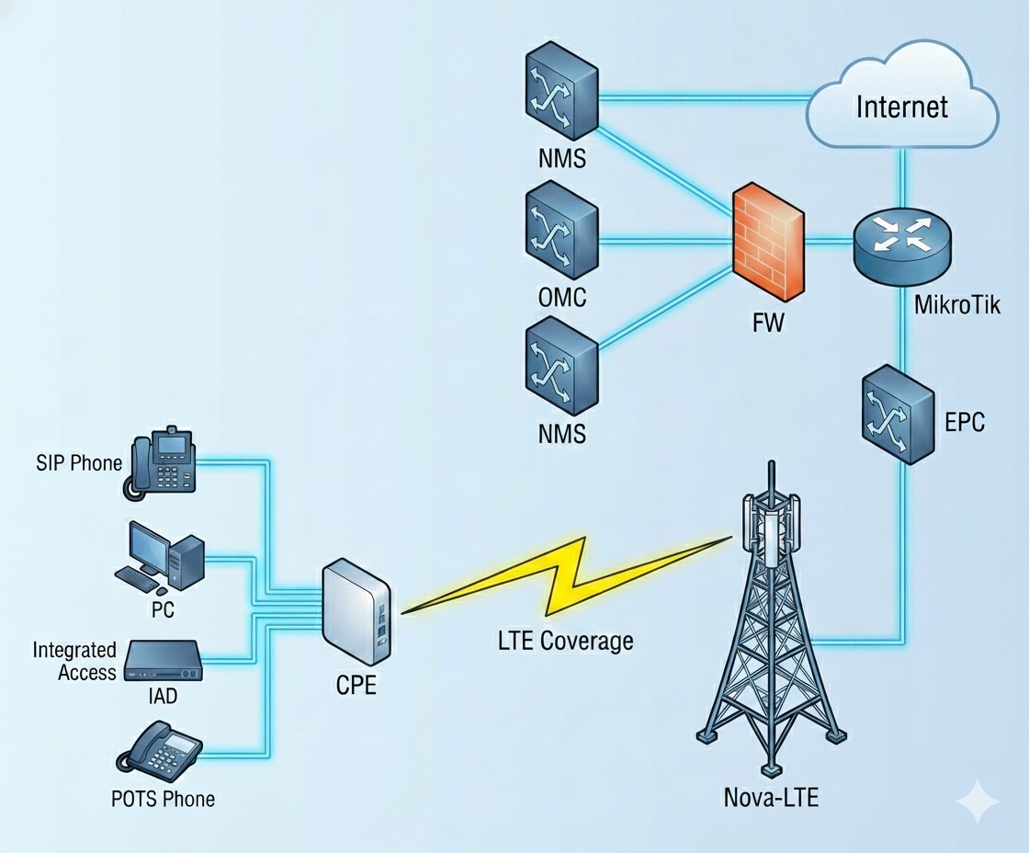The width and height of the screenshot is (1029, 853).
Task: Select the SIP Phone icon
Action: pos(161,464)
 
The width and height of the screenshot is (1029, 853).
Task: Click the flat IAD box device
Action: pos(162,661)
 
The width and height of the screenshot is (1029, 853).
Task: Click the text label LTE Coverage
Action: pos(560,640)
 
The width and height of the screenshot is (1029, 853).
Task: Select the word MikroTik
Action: pos(957,304)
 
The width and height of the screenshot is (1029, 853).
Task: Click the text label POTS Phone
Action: pos(164,799)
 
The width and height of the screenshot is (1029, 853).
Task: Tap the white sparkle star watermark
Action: pos(976,802)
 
